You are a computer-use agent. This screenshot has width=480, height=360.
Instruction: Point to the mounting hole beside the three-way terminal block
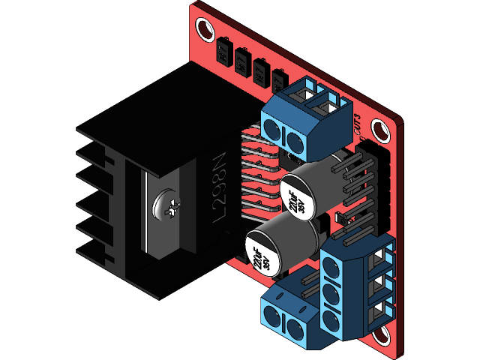[384, 334]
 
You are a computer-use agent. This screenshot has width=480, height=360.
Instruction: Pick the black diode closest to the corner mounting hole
[223, 52]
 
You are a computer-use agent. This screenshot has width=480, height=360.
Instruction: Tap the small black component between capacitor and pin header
[338, 218]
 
